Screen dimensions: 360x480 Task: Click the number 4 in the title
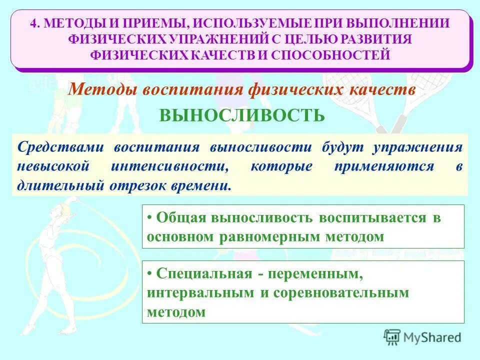tap(33, 23)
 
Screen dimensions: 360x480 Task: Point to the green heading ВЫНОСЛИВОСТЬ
tap(242, 116)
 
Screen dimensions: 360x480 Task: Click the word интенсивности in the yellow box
tap(168, 166)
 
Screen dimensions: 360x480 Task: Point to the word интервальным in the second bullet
tap(200, 292)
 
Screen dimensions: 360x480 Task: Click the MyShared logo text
tap(432, 337)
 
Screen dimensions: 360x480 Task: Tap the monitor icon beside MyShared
tap(392, 336)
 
